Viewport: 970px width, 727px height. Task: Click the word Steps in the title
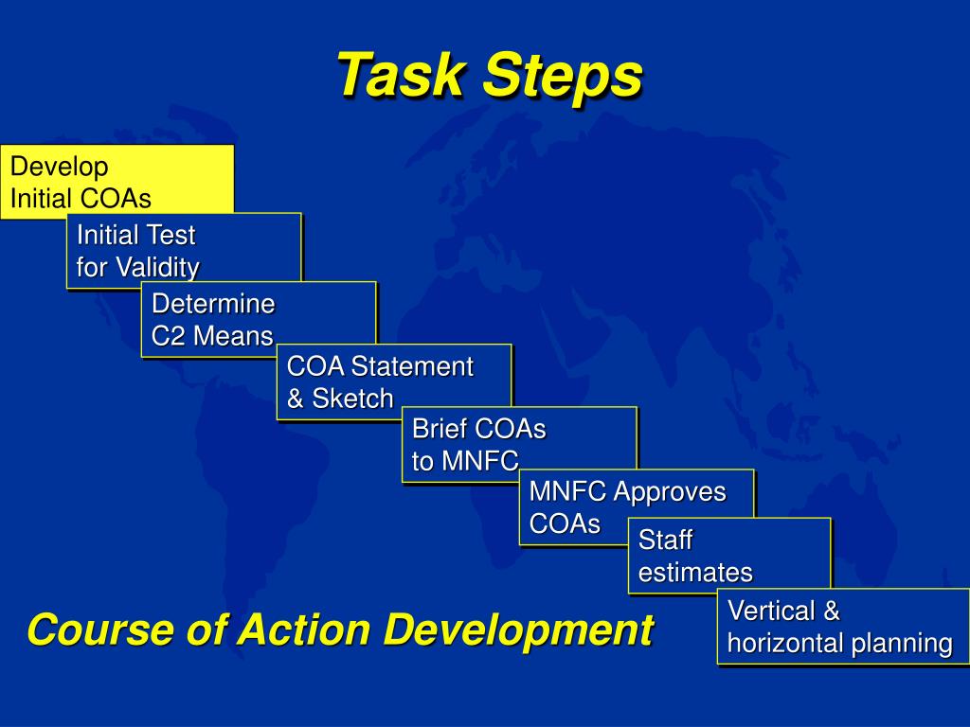[563, 77]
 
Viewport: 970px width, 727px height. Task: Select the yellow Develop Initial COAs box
[117, 182]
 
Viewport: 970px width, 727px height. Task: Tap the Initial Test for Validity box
[185, 250]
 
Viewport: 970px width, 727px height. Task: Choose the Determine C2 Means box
[259, 319]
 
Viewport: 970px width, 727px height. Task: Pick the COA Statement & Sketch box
[394, 382]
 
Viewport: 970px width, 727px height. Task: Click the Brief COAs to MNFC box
[519, 445]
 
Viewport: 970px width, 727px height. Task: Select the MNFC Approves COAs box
[637, 507]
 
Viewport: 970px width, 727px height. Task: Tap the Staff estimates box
[729, 556]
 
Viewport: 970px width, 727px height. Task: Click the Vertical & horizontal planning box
[843, 627]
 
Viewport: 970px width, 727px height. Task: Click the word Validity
[158, 268]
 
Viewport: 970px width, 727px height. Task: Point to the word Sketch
[352, 399]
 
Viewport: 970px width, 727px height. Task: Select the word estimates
[695, 573]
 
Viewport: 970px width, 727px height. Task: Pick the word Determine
[213, 304]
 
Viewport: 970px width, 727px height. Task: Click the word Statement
[412, 366]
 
